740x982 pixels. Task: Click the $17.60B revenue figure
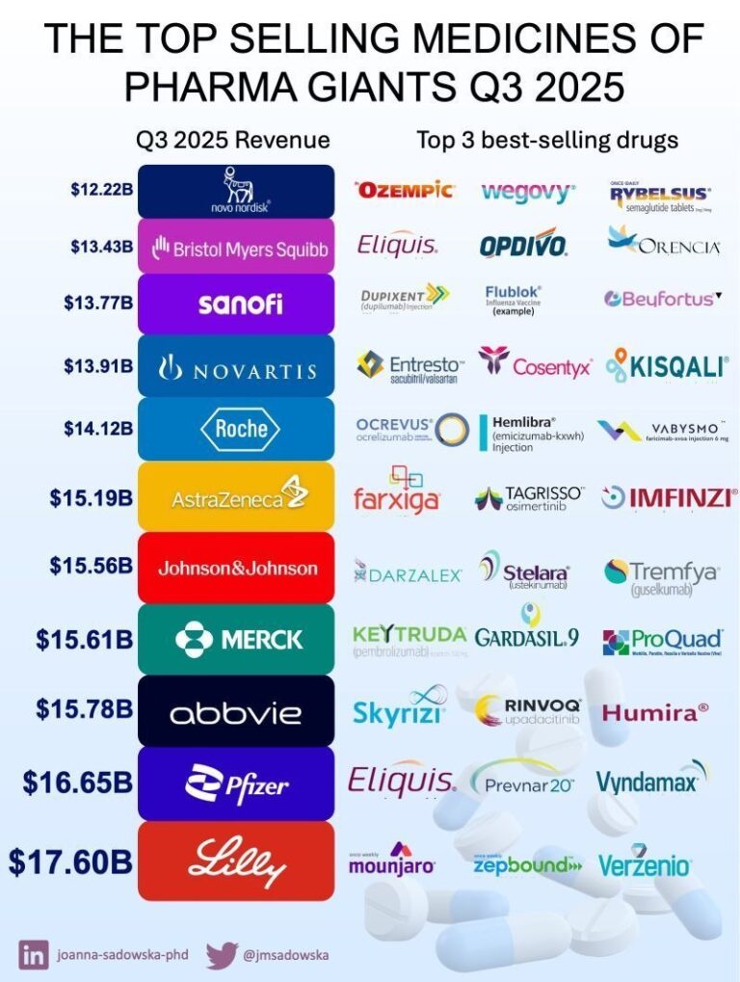[69, 861]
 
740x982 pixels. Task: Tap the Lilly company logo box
[236, 860]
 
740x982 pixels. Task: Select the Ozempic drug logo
[405, 191]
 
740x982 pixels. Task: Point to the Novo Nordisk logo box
[236, 191]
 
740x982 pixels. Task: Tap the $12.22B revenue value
[100, 191]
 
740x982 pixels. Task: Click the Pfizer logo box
[236, 783]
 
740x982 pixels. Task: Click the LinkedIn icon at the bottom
[34, 956]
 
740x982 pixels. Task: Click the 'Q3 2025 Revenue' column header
[232, 140]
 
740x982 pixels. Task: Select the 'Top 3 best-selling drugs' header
[547, 140]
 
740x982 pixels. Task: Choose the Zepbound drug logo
[529, 864]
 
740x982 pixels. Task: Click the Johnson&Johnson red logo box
[237, 568]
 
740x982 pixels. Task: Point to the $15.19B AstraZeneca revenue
[91, 498]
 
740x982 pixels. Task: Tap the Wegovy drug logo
[527, 191]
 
